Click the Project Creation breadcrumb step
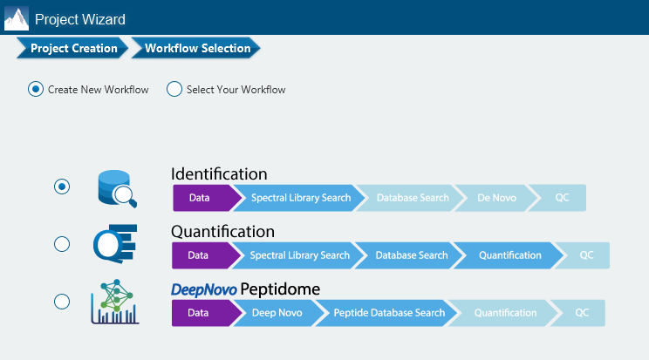point(72,48)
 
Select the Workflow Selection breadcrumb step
point(195,48)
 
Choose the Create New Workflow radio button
point(36,90)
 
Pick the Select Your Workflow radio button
point(174,90)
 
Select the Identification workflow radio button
point(62,187)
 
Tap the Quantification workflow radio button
point(62,244)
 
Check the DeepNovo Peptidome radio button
point(62,302)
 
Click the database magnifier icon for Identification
point(117,188)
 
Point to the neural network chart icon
point(115,302)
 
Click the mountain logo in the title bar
point(17,18)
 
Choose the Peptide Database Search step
point(388,313)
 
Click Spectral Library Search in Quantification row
point(298,255)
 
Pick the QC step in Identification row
point(560,198)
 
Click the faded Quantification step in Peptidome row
point(504,313)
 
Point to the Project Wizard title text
point(80,19)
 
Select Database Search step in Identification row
point(411,198)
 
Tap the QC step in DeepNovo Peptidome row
point(580,313)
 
